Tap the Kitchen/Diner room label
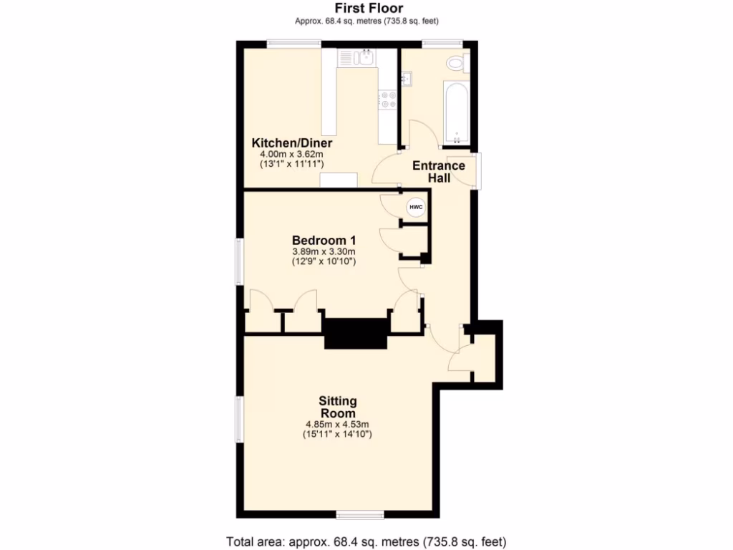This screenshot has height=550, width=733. (x=291, y=143)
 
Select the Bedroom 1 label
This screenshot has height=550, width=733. (x=324, y=240)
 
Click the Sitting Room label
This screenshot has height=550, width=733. (x=338, y=407)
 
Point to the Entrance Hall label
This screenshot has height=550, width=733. (x=439, y=171)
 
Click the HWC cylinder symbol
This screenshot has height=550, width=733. (x=415, y=208)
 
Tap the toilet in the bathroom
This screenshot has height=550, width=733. (x=455, y=64)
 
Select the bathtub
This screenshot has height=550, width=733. (x=456, y=111)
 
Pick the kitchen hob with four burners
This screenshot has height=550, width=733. (x=389, y=100)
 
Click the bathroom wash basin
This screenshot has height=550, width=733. (x=406, y=77)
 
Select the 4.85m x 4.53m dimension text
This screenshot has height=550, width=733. (x=338, y=424)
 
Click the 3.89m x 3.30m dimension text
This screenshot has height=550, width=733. (x=324, y=252)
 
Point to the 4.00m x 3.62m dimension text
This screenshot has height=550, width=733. (x=291, y=154)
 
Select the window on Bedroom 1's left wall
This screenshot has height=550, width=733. (x=239, y=261)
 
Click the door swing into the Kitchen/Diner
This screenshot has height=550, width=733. (x=387, y=171)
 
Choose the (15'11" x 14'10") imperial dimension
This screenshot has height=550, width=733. (x=338, y=434)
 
